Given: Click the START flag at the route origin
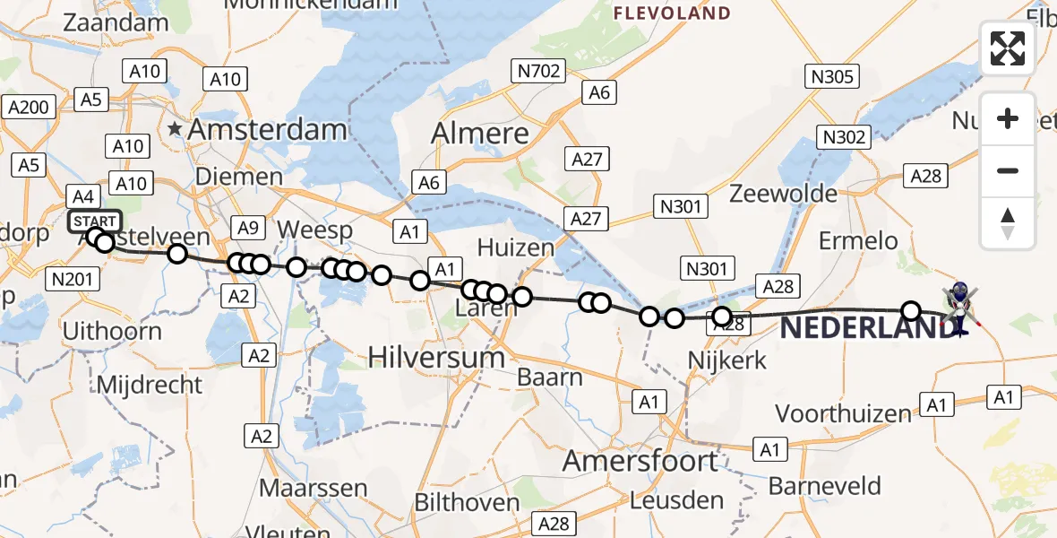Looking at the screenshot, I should [94, 221].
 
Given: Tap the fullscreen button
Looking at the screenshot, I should [1008, 48].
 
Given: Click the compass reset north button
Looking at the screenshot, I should [1008, 223].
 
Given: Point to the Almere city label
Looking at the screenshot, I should [480, 133].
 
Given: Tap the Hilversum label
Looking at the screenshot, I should [437, 358].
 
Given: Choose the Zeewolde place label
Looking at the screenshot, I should [784, 194].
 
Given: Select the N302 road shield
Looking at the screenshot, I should [843, 136].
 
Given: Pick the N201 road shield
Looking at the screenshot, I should [73, 279].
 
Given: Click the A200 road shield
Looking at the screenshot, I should [28, 108].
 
